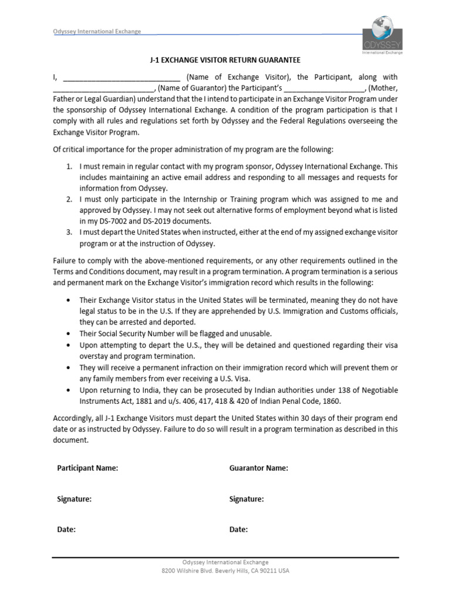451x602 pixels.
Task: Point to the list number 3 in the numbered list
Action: [68, 232]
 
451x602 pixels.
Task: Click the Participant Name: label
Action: [87, 469]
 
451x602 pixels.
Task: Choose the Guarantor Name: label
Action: [258, 469]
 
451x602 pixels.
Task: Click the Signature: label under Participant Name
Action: [74, 499]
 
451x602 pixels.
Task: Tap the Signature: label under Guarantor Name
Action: [246, 499]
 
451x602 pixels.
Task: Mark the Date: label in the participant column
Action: [66, 530]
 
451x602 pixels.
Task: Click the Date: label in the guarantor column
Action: [238, 530]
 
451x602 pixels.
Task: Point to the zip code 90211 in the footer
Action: [270, 571]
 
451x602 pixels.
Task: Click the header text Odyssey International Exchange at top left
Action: [94, 32]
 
